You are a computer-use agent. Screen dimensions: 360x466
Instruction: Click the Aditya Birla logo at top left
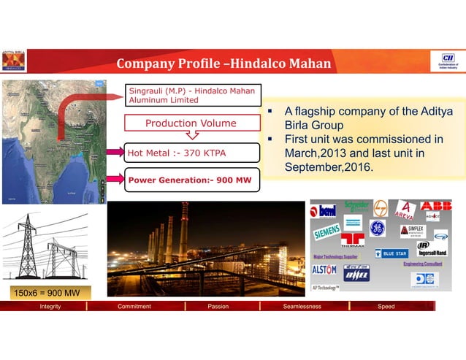click(13, 62)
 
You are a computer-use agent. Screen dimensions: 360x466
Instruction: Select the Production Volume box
click(191, 123)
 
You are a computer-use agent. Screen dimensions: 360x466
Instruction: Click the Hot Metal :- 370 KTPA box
click(192, 153)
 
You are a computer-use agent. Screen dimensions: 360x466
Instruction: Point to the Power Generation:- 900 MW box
click(192, 179)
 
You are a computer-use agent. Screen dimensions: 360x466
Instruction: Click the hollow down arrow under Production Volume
click(191, 135)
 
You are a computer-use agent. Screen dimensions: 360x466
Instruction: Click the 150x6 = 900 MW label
click(45, 293)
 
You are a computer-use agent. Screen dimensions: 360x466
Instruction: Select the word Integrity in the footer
click(50, 307)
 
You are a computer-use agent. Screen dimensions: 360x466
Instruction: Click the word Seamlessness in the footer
click(302, 307)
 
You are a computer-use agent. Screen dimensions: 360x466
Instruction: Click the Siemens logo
click(327, 233)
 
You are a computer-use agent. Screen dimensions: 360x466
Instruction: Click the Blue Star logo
click(394, 253)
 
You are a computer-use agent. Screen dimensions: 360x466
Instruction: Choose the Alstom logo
click(325, 269)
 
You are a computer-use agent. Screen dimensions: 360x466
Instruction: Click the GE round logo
click(377, 228)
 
